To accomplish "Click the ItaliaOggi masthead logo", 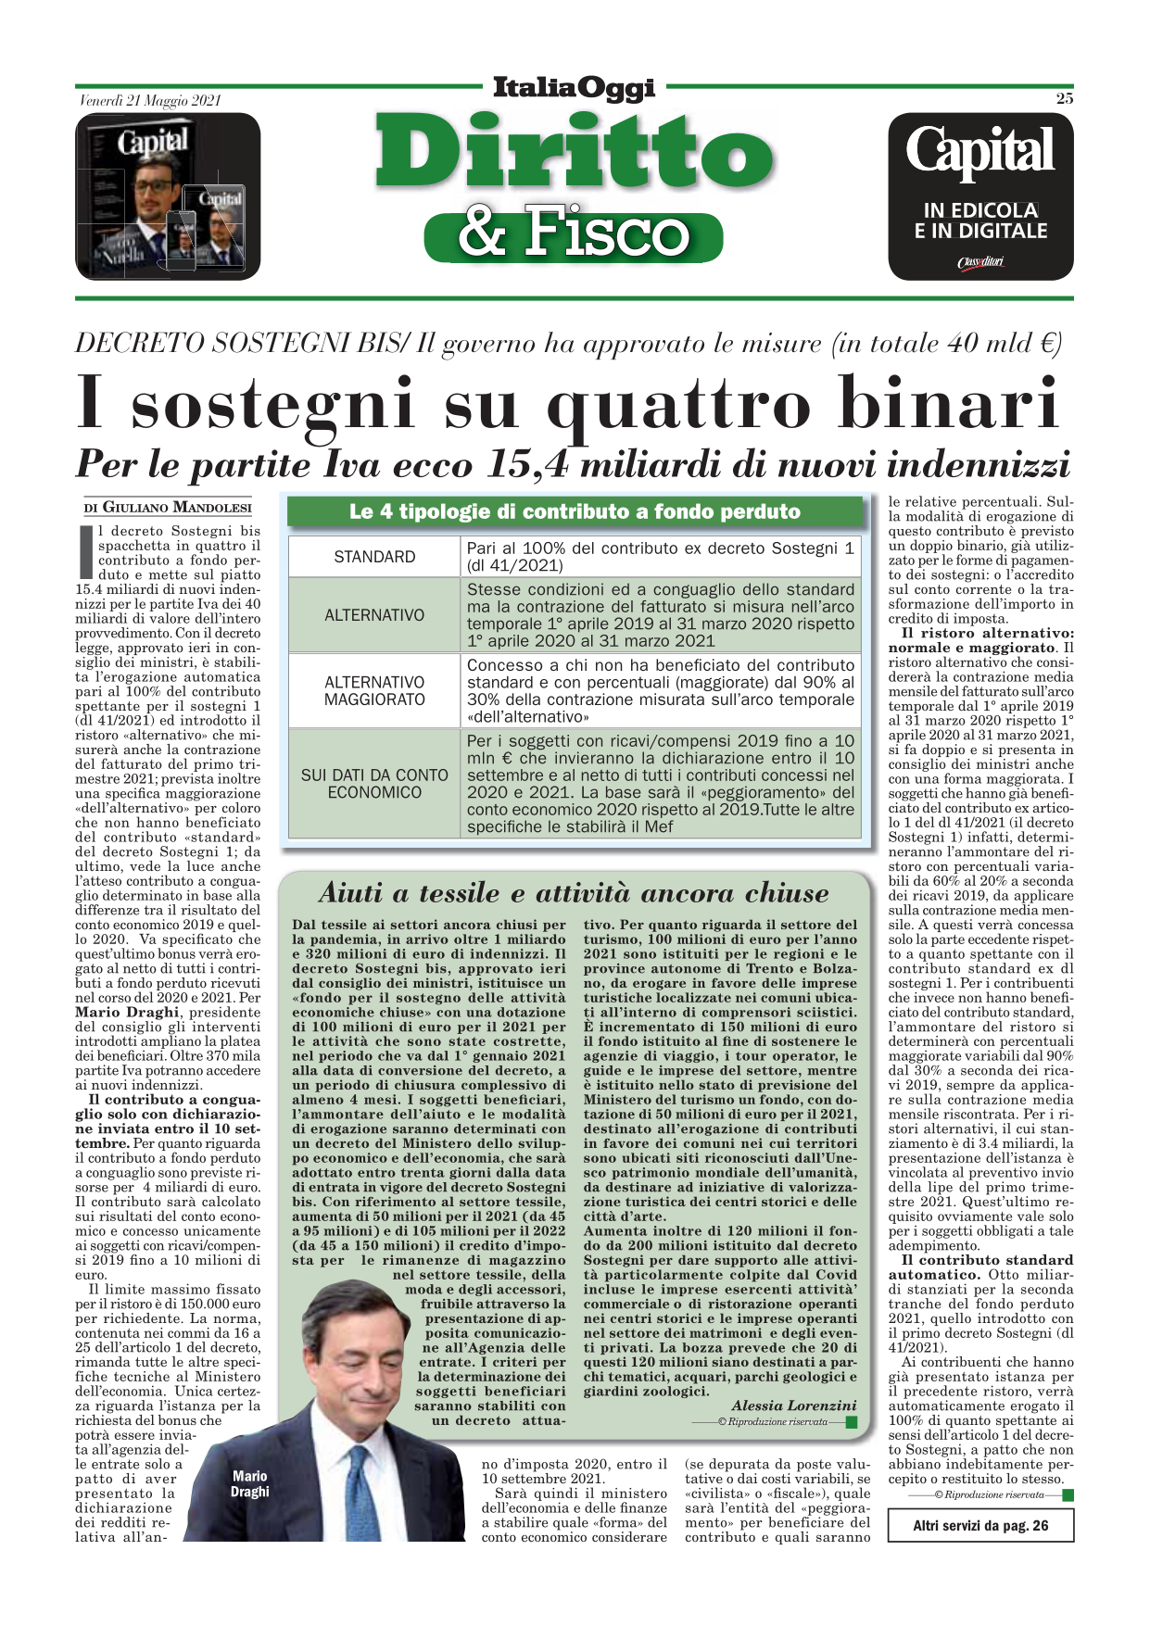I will coord(574,88).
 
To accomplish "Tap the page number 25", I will coord(1064,98).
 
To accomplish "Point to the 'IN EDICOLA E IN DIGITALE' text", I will coord(980,221).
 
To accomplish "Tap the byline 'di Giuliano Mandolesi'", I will coord(168,507).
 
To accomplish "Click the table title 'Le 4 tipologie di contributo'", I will coord(575,511).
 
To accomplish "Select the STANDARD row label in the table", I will coord(374,557).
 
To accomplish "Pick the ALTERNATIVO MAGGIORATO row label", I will coord(374,690).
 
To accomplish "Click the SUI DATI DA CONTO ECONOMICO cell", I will coord(374,784).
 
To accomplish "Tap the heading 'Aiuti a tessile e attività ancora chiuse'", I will coord(574,893).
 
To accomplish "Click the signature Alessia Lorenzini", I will coord(794,1405).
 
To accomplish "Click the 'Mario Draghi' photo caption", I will coord(250,1483).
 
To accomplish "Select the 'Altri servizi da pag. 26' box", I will coord(980,1526).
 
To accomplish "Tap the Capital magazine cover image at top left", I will coord(167,196).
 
